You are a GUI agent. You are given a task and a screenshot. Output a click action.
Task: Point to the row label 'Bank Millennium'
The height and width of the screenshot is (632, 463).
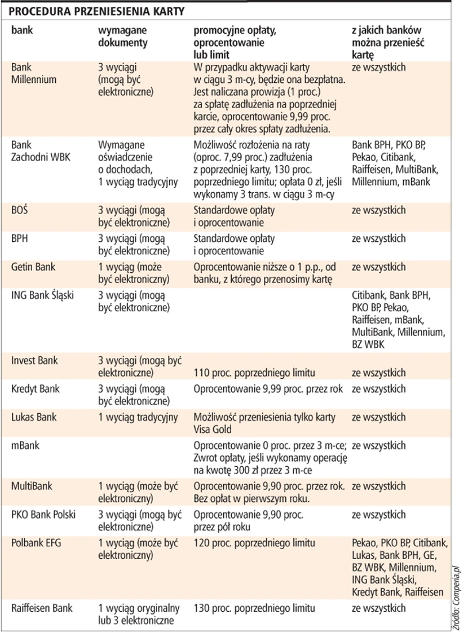(33, 74)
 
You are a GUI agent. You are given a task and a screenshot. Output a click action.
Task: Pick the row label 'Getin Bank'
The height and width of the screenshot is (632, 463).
(34, 267)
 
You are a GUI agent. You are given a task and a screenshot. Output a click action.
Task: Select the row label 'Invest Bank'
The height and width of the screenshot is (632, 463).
(34, 361)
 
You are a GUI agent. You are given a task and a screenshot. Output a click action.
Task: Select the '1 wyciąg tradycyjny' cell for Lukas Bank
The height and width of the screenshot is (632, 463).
(137, 417)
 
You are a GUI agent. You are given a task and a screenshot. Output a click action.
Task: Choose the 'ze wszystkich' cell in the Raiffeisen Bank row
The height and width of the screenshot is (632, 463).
(378, 608)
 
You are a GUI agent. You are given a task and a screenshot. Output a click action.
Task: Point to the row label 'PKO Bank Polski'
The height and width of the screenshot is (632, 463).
(43, 514)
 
